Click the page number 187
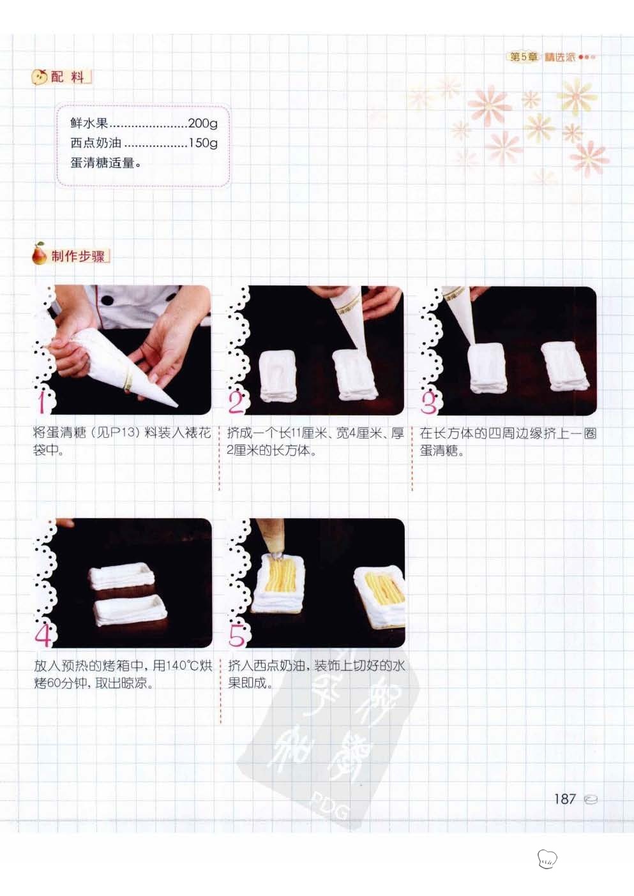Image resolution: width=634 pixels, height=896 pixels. [565, 799]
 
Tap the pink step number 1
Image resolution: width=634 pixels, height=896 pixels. [42, 401]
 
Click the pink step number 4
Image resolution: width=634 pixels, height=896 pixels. [43, 635]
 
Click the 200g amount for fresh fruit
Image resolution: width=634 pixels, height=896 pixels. [203, 124]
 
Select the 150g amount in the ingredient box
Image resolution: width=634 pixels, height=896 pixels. [203, 143]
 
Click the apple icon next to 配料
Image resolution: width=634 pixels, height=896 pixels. [39, 77]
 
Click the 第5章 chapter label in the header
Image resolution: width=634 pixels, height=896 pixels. [523, 57]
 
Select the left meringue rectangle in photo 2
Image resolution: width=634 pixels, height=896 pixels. [278, 375]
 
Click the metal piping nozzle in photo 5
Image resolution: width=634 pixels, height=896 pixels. [276, 556]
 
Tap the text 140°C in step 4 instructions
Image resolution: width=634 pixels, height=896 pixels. [183, 666]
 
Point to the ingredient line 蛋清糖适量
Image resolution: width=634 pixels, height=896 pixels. [107, 163]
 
